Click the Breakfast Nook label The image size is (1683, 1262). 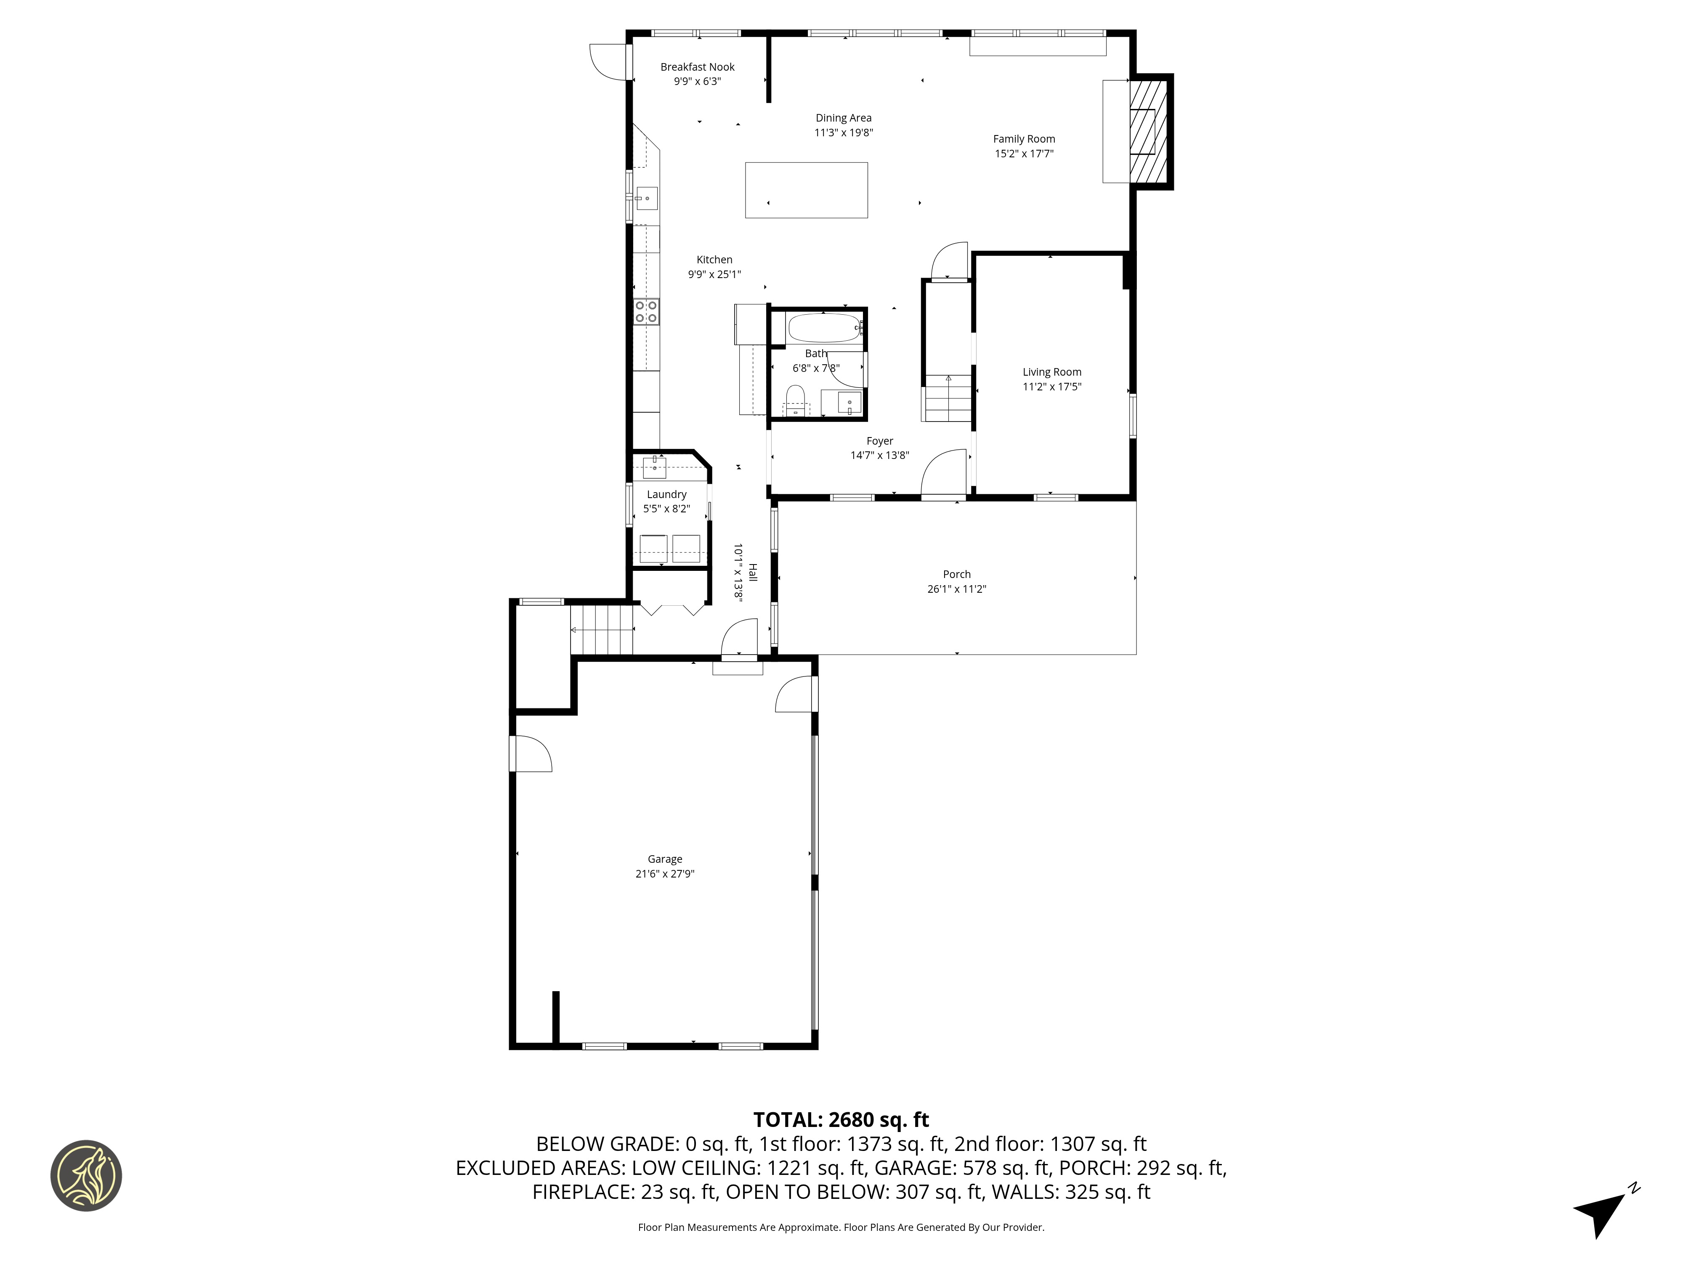(x=697, y=67)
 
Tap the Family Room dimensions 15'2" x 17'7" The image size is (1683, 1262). (x=1023, y=154)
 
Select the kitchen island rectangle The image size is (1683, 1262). (x=806, y=190)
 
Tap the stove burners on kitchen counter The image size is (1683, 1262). (x=646, y=311)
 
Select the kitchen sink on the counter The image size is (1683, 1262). (x=647, y=198)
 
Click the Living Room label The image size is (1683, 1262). (x=1051, y=372)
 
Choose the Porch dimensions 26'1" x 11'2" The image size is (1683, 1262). (x=956, y=589)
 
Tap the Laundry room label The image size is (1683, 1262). (x=666, y=494)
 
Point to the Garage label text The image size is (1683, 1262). (x=664, y=859)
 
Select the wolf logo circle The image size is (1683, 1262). (x=86, y=1175)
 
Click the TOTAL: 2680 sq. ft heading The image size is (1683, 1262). (x=841, y=1120)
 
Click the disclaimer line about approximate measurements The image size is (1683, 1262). (x=841, y=1227)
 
